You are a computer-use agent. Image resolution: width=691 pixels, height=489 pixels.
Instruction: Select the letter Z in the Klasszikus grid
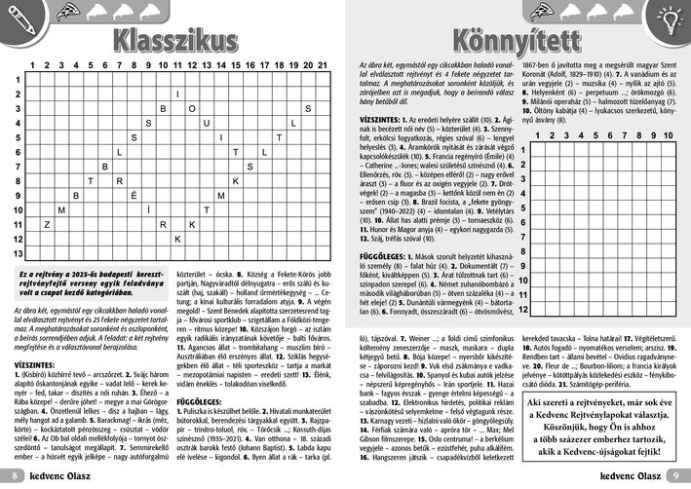click(47, 224)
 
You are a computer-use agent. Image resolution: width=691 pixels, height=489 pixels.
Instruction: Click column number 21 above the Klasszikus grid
click(321, 65)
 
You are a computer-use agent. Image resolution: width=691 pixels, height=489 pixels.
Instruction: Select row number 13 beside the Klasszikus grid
click(19, 252)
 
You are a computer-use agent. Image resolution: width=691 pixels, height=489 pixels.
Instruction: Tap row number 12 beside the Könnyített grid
click(523, 309)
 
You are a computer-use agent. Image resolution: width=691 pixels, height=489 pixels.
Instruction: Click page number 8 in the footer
click(15, 475)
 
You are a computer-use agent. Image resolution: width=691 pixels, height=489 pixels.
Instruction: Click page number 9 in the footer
click(675, 475)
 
